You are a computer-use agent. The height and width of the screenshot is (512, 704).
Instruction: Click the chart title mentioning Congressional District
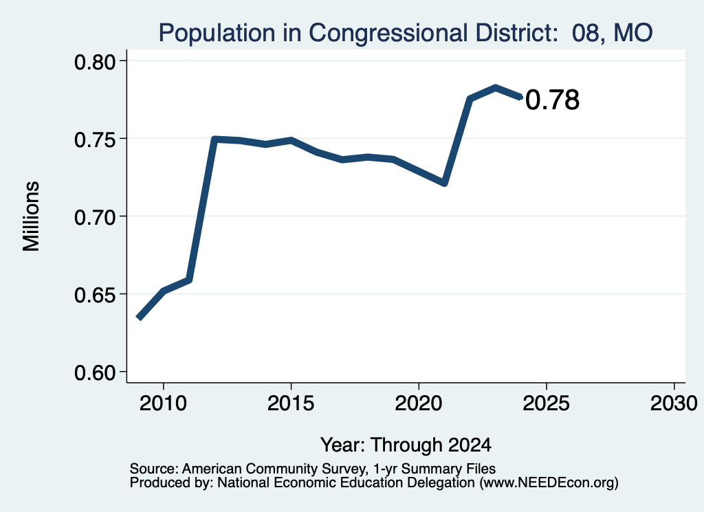[406, 33]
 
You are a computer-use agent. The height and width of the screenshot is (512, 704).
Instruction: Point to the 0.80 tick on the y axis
[95, 62]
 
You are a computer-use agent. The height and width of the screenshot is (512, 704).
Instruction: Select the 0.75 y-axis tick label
[95, 140]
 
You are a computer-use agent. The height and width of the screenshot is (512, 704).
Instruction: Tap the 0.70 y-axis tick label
[95, 218]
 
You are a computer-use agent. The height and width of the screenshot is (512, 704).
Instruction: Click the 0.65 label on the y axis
[95, 296]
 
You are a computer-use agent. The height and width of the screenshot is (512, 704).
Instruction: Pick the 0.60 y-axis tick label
[95, 373]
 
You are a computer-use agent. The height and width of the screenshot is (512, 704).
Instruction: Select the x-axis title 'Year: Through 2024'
[406, 445]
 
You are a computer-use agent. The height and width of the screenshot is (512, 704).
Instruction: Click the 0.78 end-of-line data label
[552, 100]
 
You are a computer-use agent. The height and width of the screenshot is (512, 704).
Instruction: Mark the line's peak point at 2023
[495, 87]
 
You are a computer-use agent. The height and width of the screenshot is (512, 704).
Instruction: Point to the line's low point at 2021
[445, 183]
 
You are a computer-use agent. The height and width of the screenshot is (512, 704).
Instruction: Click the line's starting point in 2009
[139, 318]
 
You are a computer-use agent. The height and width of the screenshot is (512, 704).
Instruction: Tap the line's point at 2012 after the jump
[214, 140]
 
